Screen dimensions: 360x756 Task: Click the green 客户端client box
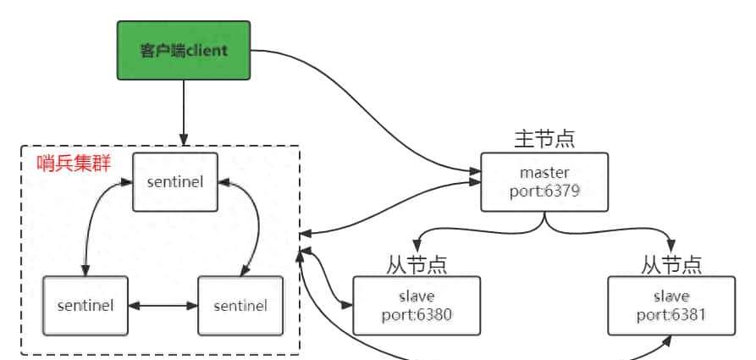184,51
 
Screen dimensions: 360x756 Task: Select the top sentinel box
175,182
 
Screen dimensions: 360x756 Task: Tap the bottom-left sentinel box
85,305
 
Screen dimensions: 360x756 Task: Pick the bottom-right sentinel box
240,305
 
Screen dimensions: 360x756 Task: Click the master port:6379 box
544,182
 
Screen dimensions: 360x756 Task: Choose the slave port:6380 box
417,305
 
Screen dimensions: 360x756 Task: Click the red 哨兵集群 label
74,163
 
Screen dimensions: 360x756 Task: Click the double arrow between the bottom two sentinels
163,305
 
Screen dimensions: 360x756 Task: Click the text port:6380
417,314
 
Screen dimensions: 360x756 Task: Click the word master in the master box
544,174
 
